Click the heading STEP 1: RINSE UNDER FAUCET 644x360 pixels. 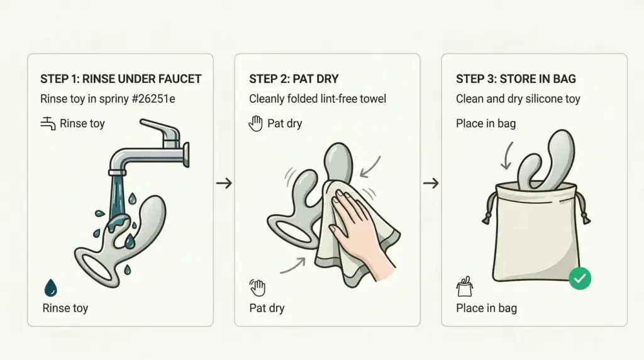121,79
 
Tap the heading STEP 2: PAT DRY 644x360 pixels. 294,79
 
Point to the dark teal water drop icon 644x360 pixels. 51,288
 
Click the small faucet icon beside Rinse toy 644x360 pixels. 48,123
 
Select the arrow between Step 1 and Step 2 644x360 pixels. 224,183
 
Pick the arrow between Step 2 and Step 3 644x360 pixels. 431,183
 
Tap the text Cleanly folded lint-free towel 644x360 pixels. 318,99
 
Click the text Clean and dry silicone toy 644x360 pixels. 518,99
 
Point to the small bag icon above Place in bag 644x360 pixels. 464,286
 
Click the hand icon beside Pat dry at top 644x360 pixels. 255,123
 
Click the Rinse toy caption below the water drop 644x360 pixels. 65,308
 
